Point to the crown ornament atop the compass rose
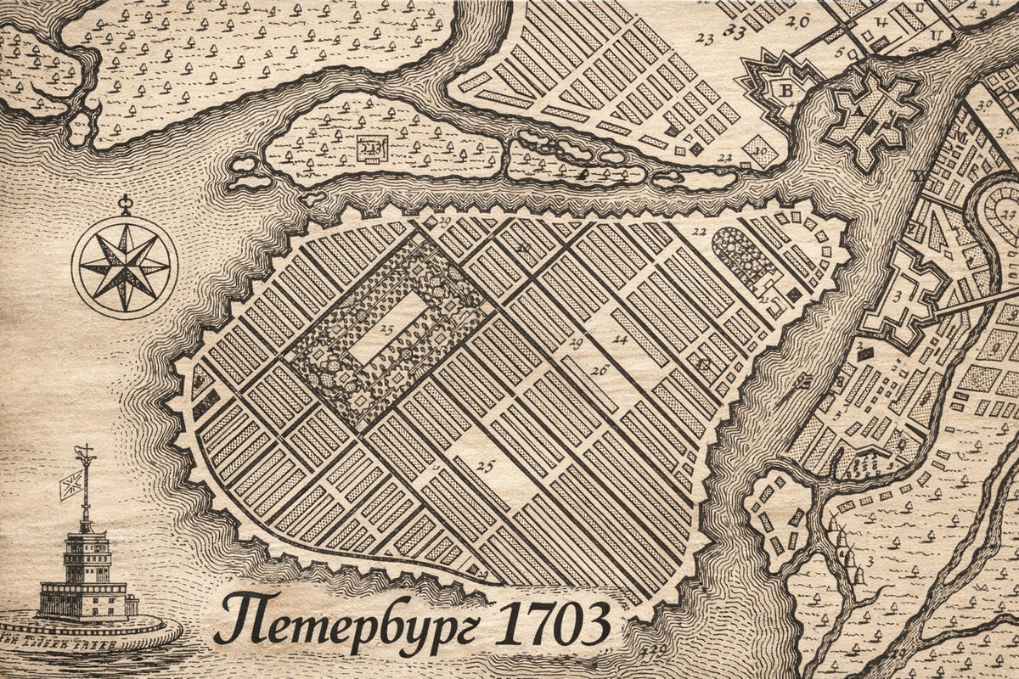click(126, 204)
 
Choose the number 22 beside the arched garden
click(699, 231)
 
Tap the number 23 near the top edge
click(704, 37)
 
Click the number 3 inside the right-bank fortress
click(897, 294)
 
